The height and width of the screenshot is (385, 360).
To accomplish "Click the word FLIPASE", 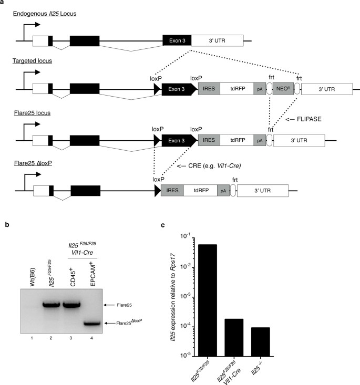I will coord(308,120).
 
